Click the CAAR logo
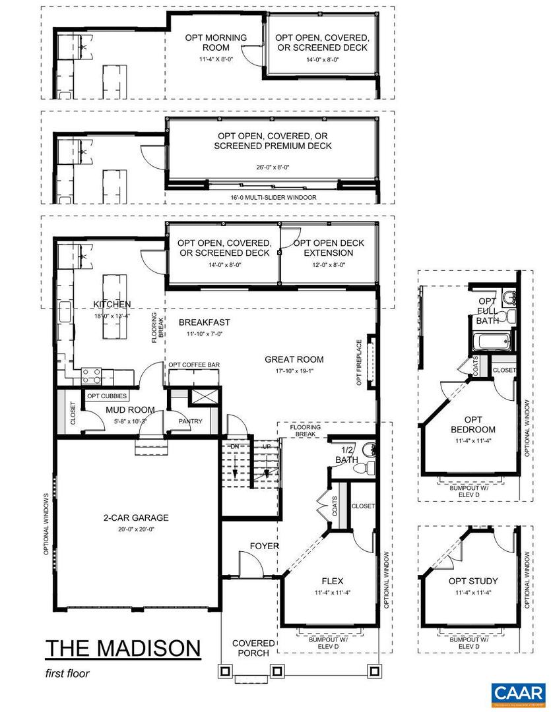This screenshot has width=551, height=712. coord(518,693)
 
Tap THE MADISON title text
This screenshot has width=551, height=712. coord(123,648)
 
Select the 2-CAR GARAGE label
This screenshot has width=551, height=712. coord(135,518)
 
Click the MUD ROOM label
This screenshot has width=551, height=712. coord(130,409)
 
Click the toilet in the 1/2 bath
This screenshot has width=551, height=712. coord(362,468)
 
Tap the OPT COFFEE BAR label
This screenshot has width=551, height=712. coord(194,365)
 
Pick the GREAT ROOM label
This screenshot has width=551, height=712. coord(294,359)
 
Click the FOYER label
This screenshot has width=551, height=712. coord(264,546)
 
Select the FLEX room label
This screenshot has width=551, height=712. coord(331,581)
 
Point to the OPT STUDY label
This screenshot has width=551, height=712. coord(472,581)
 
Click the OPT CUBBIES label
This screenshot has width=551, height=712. coord(107,396)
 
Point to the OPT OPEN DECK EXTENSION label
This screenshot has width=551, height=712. coord(334,248)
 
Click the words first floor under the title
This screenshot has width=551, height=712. coord(67,673)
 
